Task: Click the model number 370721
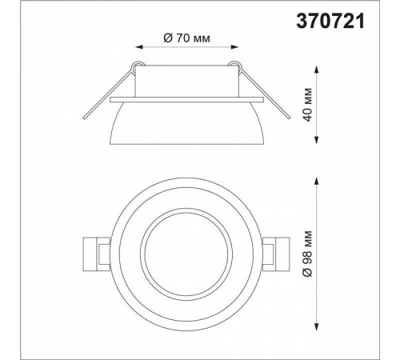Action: tap(330, 21)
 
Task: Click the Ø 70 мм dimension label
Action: tap(186, 38)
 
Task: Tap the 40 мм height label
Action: tap(308, 105)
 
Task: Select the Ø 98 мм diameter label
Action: tap(308, 254)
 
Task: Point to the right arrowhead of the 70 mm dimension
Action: tap(234, 47)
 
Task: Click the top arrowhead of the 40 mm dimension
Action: tap(317, 70)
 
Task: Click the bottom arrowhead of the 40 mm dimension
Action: tap(317, 140)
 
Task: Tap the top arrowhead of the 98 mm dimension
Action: tap(317, 182)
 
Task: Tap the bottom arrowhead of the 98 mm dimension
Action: tap(317, 326)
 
